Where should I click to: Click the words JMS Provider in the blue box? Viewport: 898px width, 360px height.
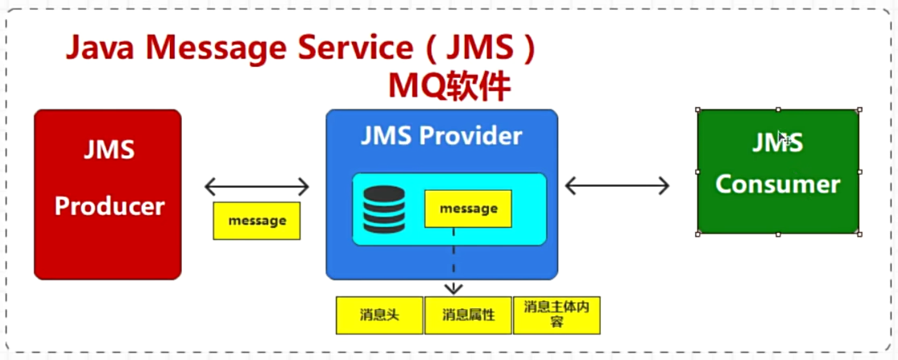441,135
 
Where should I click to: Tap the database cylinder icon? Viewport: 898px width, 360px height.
383,209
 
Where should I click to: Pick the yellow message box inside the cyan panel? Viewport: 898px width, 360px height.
468,209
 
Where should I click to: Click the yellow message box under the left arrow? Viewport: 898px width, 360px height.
256,220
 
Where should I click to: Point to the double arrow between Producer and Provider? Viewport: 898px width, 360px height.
256,188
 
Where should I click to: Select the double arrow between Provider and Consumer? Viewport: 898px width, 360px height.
617,186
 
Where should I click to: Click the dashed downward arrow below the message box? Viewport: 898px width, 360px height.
453,266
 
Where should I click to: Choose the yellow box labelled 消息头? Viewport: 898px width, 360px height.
379,315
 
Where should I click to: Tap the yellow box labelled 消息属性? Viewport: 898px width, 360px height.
467,315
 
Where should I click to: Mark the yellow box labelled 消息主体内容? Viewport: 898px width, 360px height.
557,315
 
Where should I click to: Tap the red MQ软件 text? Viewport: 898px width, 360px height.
449,86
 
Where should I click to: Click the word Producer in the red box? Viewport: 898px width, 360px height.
109,205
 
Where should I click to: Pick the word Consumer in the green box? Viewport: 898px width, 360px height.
777,184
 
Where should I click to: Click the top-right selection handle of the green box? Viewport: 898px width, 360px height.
859,110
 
